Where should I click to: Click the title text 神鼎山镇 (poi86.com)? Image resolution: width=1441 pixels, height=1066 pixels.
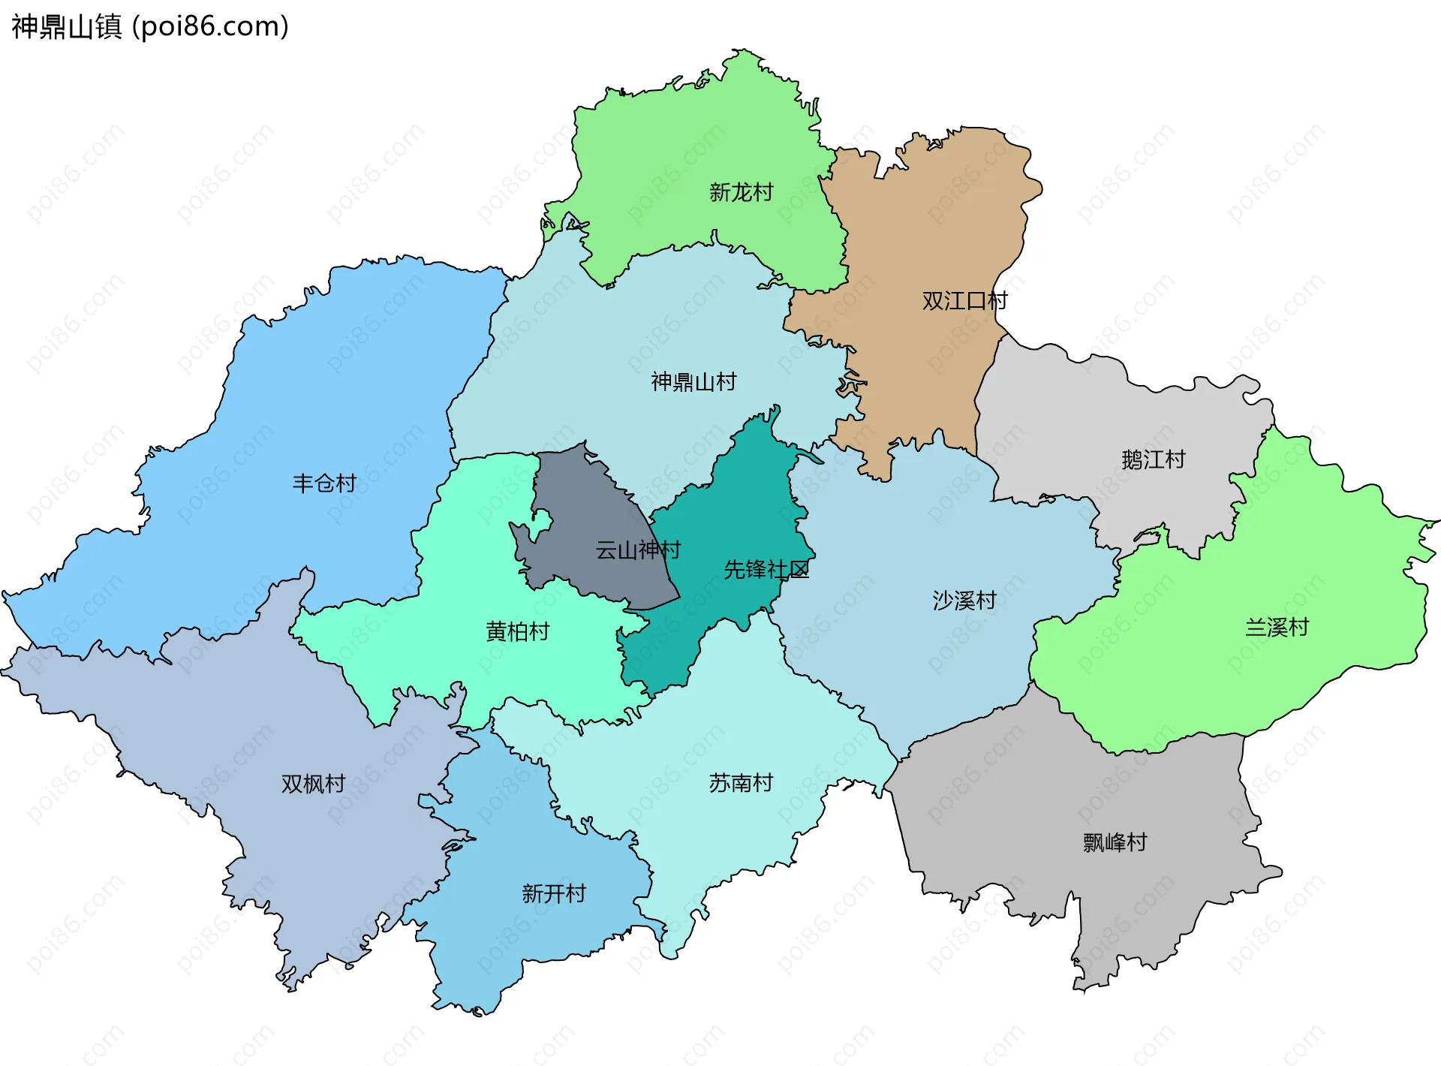(x=150, y=27)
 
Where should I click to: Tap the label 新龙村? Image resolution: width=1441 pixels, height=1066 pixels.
(x=741, y=193)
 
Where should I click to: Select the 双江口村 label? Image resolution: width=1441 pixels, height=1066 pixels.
(x=964, y=301)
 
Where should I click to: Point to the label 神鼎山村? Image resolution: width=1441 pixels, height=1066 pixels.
(x=693, y=382)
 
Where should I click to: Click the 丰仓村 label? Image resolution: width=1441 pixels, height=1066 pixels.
(x=324, y=483)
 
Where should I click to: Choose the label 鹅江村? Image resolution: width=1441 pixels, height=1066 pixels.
(x=1153, y=459)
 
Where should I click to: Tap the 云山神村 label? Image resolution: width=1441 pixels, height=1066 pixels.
(x=637, y=550)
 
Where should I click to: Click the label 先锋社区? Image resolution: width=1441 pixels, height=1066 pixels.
(x=766, y=570)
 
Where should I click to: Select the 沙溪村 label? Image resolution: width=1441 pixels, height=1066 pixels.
(x=964, y=601)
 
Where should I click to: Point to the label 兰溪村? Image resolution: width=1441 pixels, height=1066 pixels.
(x=1277, y=628)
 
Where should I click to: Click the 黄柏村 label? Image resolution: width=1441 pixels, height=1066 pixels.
(x=517, y=632)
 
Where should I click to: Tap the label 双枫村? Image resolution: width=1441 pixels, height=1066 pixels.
(x=313, y=784)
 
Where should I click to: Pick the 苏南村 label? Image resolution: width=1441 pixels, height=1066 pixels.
(x=741, y=784)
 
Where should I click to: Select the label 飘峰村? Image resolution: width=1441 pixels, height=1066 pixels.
(x=1115, y=843)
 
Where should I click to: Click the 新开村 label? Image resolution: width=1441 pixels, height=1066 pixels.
(x=553, y=894)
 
